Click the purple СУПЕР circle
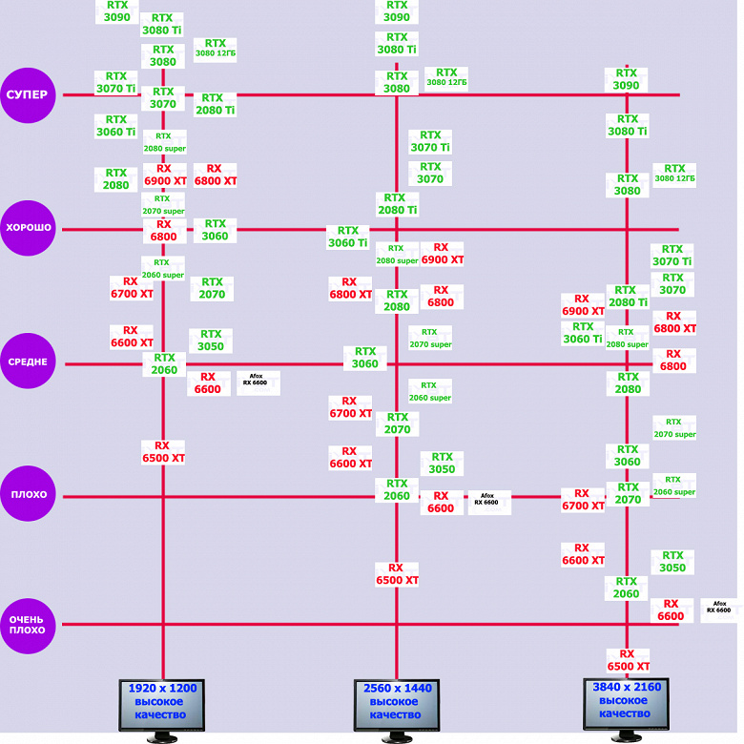(30, 94)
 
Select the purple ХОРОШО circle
(30, 228)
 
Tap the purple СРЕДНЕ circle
(30, 362)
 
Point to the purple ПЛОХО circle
(30, 495)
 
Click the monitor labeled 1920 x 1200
(163, 704)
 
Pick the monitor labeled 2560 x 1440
(396, 704)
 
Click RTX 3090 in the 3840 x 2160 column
(626, 79)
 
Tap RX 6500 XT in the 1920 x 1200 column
(163, 451)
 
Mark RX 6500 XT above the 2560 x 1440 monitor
(396, 573)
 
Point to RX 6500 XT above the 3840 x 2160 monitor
(628, 660)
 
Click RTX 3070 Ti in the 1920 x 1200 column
(115, 82)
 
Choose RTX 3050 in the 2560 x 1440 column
(442, 464)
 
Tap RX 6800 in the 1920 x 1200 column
(163, 231)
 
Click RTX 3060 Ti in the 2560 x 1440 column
(347, 237)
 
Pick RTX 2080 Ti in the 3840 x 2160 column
(628, 296)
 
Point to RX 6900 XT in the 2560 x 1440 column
(442, 253)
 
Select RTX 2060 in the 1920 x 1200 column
(163, 363)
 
